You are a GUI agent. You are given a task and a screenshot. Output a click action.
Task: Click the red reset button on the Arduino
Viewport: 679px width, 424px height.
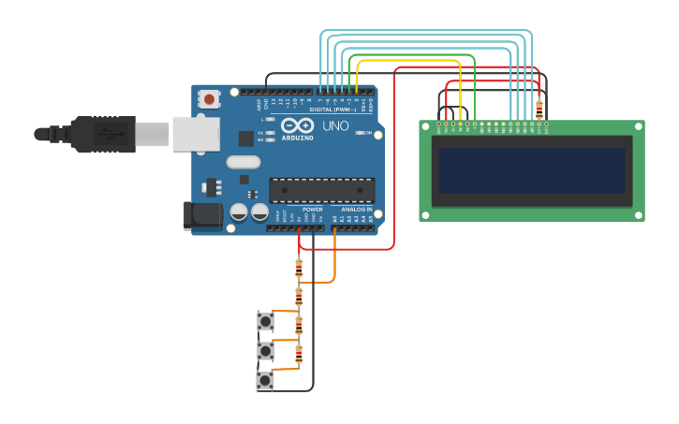tap(209, 98)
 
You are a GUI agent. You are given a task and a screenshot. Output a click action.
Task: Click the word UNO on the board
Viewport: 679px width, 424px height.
tap(335, 125)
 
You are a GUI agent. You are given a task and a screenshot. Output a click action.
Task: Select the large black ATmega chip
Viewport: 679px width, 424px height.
tap(321, 190)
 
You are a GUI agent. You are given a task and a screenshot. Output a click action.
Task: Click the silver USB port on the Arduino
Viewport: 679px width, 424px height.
tap(195, 134)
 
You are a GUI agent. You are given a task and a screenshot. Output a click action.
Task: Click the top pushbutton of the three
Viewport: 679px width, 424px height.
tap(266, 322)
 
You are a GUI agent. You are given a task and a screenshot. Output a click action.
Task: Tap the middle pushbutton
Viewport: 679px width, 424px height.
tap(266, 351)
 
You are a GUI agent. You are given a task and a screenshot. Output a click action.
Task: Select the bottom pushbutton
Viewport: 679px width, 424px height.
tap(266, 380)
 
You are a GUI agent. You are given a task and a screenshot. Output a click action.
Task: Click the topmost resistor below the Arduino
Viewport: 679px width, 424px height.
tap(299, 269)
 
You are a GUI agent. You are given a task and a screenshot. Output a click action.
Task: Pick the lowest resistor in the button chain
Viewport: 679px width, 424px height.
tap(299, 355)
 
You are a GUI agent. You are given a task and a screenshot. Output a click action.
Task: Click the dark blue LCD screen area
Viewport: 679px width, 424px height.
tap(531, 170)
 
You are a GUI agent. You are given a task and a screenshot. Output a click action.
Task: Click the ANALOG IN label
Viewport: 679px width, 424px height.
tap(356, 209)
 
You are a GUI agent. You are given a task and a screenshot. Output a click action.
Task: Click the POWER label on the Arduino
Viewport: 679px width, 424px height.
tap(299, 209)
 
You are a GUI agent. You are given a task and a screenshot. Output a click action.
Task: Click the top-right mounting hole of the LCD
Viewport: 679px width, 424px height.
tap(639, 126)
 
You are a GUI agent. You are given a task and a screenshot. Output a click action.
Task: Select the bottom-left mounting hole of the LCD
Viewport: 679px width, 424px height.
tap(425, 215)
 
